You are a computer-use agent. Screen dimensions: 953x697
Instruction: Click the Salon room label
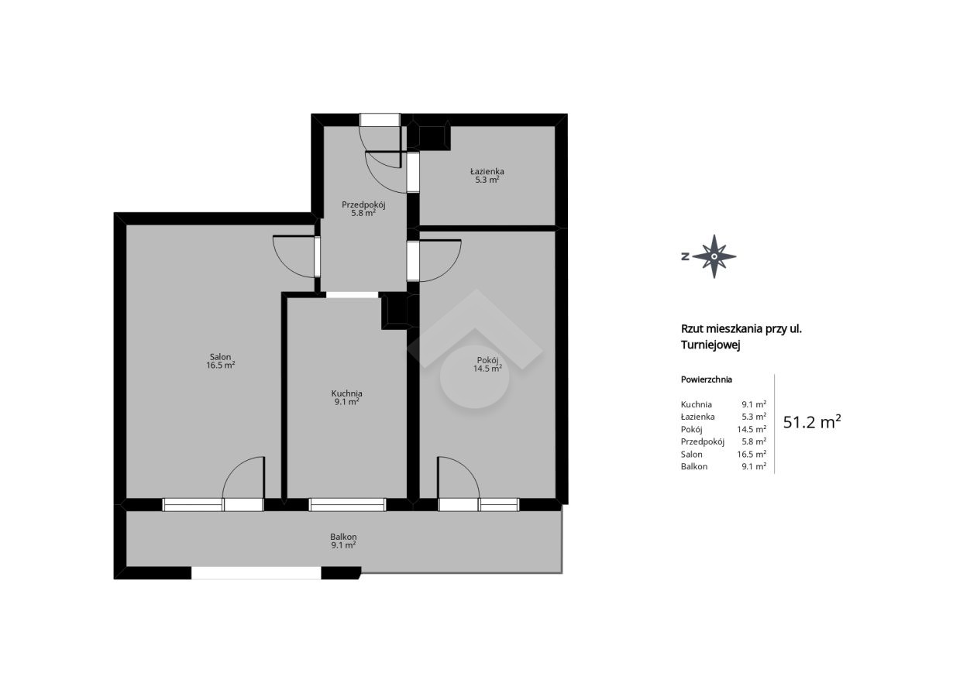(220, 357)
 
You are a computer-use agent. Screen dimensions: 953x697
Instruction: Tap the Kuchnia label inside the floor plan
(347, 393)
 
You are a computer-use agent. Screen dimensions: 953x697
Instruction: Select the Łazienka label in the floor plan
(487, 171)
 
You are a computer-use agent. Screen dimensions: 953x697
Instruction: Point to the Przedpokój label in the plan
(363, 205)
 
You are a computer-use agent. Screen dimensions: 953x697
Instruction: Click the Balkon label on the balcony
(343, 537)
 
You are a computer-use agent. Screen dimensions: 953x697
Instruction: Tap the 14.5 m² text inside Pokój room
(487, 369)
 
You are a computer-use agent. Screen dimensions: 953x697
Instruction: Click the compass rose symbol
(714, 256)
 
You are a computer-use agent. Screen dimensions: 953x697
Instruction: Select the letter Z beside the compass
(685, 256)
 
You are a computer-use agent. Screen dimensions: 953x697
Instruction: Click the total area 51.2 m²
(812, 422)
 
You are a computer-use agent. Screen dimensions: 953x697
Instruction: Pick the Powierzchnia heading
(707, 379)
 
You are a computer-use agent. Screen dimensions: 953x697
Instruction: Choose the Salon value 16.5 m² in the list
(752, 454)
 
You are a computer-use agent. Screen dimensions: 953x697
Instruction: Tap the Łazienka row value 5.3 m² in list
(754, 417)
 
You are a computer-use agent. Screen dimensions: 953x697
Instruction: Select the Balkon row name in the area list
(694, 466)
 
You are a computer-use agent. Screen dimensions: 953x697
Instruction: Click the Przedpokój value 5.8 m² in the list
(754, 442)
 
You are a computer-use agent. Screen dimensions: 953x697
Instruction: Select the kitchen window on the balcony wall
(347, 505)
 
